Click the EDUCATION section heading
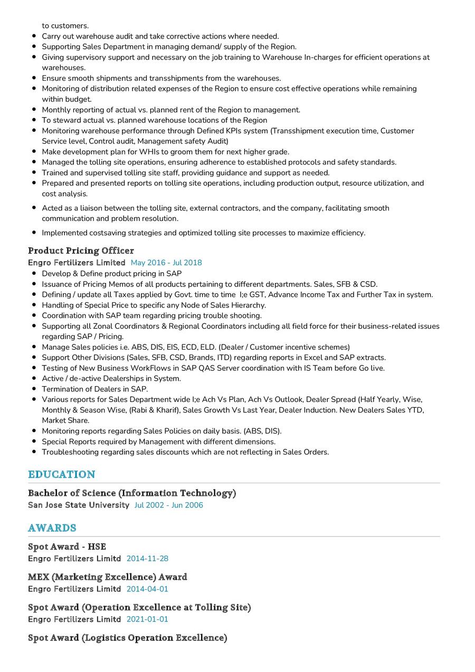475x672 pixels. click(62, 474)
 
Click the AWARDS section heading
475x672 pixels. click(52, 528)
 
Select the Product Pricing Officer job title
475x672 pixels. click(81, 251)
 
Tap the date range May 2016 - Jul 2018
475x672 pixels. click(166, 263)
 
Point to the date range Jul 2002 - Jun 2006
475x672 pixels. click(168, 505)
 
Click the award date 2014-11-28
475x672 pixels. click(147, 559)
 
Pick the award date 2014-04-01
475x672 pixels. click(147, 589)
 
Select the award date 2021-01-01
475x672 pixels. click(147, 619)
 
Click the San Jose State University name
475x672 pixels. click(79, 505)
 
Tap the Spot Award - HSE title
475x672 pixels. click(67, 546)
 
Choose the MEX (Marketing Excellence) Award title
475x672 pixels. click(108, 577)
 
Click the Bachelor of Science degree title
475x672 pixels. click(132, 493)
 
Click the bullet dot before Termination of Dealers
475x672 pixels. click(34, 389)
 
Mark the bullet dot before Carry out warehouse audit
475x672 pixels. click(34, 36)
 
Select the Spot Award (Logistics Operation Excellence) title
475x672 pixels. click(128, 638)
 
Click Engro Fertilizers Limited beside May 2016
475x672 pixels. click(77, 263)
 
